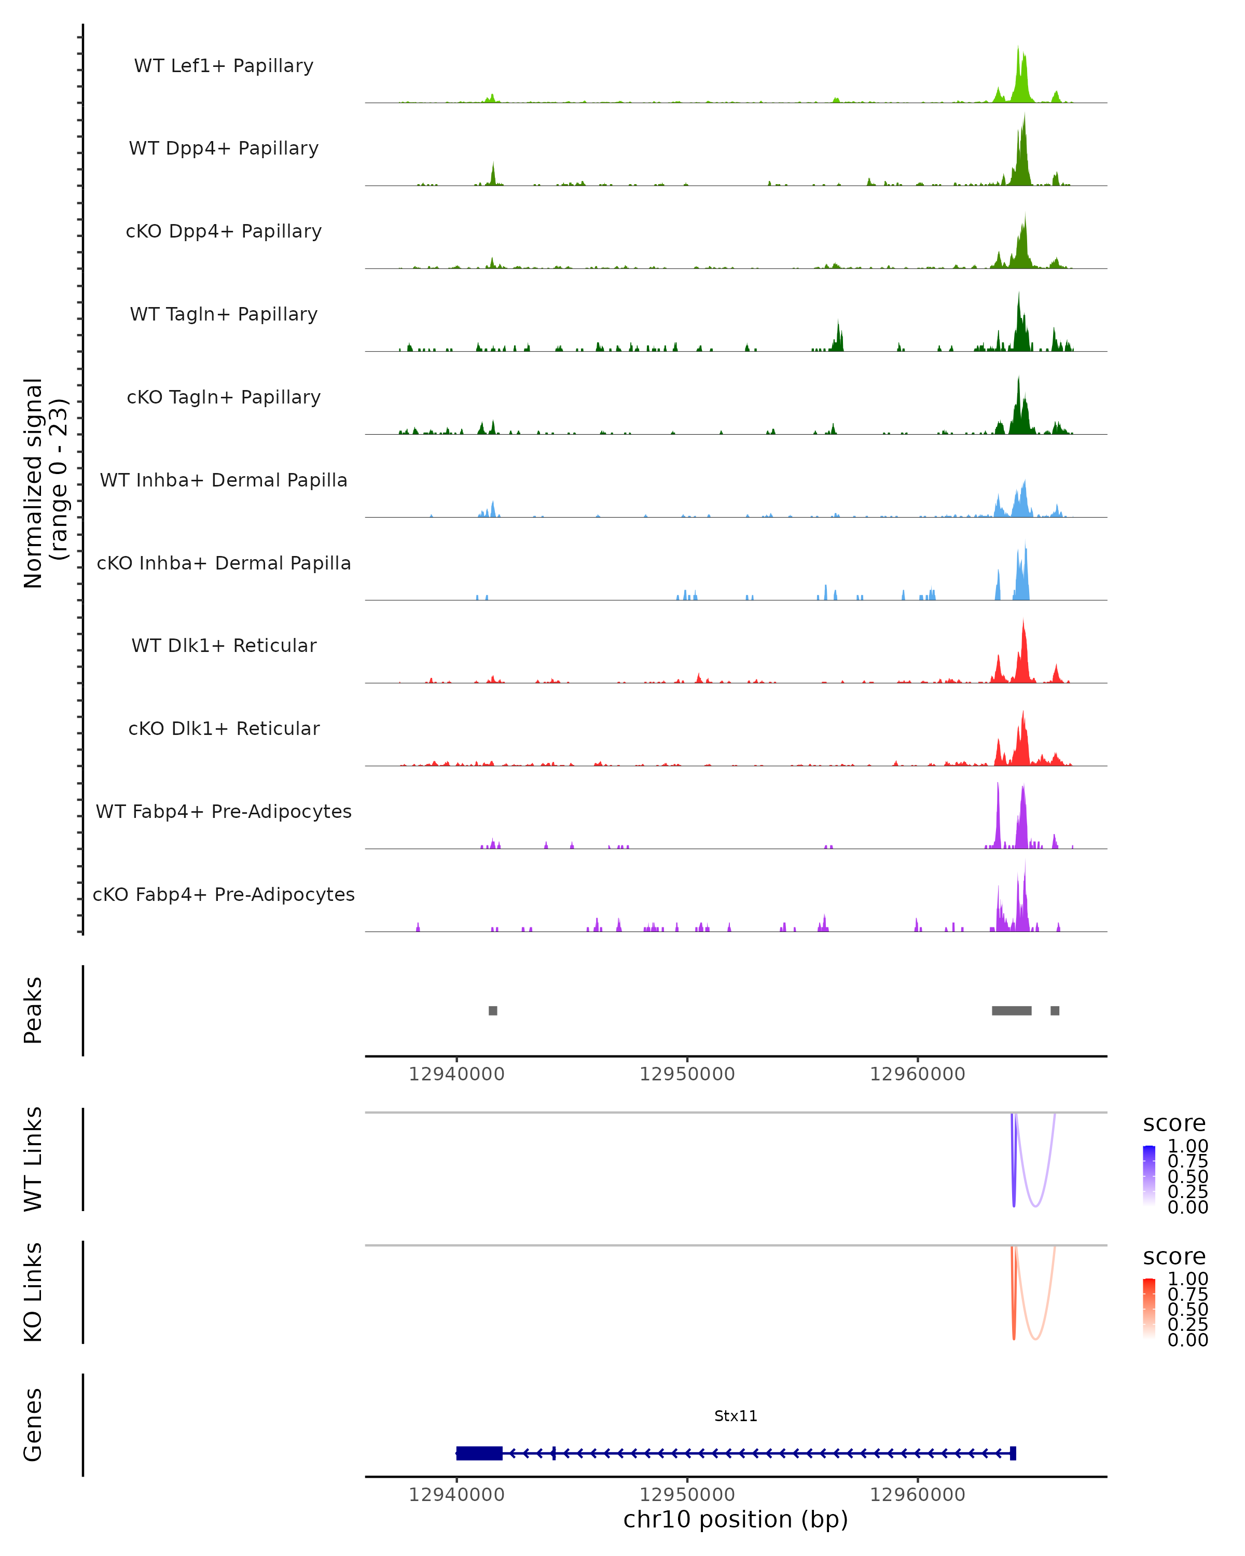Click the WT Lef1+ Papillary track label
[x=224, y=66]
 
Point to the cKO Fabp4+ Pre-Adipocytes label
[x=224, y=894]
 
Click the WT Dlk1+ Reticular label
[x=224, y=645]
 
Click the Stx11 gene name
[x=736, y=1416]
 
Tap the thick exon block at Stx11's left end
[x=479, y=1453]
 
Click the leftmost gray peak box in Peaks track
[x=493, y=1010]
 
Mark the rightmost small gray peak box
[x=1055, y=1010]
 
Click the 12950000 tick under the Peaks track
[x=687, y=1074]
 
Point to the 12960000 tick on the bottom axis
[x=917, y=1495]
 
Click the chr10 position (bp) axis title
[x=736, y=1520]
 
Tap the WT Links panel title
[x=33, y=1159]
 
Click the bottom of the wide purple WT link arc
[x=1036, y=1206]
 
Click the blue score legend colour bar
[x=1149, y=1175]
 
